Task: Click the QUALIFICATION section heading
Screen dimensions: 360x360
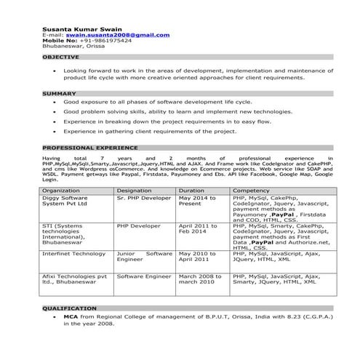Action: coord(70,308)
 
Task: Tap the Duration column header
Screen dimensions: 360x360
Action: coord(191,190)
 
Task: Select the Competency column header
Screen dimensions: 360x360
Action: coord(251,190)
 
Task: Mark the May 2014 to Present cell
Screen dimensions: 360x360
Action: coord(196,201)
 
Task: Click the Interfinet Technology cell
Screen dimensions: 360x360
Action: coord(73,253)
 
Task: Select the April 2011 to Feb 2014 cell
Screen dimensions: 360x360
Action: coord(196,229)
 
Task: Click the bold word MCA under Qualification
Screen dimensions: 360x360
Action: coord(71,317)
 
